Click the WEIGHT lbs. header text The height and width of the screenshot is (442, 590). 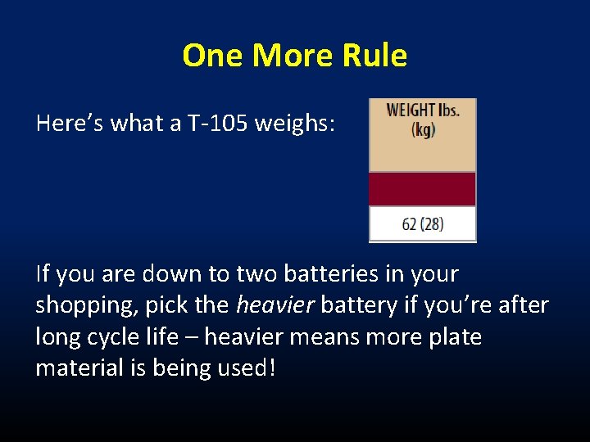point(422,110)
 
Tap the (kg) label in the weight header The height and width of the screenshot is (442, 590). point(422,129)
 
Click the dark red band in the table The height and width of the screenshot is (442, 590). point(422,188)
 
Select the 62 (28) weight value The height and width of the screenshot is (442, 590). point(422,223)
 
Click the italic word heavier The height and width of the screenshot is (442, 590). point(275,305)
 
